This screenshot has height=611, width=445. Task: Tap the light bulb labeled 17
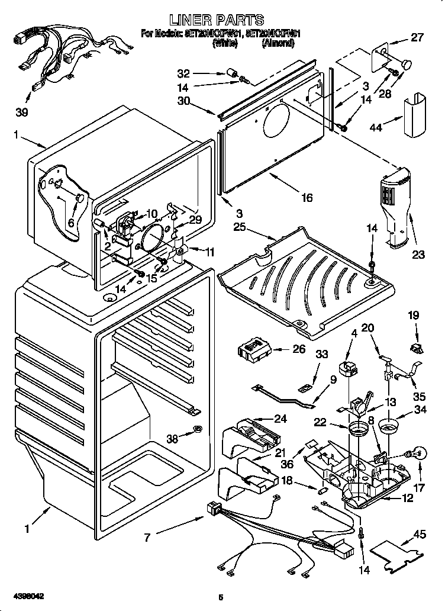coord(417,455)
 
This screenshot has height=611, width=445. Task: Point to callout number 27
coord(417,38)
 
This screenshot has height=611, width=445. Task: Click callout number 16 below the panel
coord(306,198)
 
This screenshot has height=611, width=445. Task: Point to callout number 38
coord(172,439)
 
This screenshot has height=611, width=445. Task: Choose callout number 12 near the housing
coord(407,499)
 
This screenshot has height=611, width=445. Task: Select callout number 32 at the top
coord(184,74)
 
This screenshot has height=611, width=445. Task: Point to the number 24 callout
coord(280,419)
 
